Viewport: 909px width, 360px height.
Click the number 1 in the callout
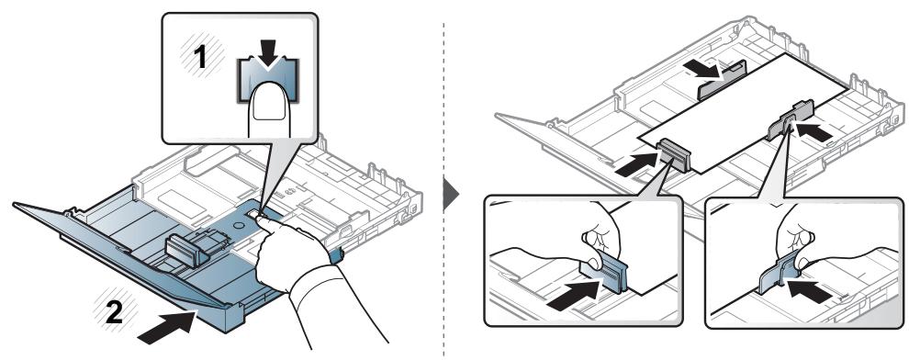(x=200, y=57)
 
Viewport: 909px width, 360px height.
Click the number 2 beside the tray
(x=113, y=314)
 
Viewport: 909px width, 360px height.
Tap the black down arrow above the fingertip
(x=267, y=59)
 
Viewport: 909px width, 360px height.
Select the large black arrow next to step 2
(x=167, y=328)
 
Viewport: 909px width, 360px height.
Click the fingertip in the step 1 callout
(x=269, y=109)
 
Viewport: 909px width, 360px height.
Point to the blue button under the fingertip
(x=268, y=80)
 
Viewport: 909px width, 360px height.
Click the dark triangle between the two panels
(x=451, y=194)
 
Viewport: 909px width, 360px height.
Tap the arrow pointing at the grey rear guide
(x=702, y=71)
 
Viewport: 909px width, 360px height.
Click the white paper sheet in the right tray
(x=742, y=113)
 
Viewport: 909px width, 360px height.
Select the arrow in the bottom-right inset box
(x=808, y=289)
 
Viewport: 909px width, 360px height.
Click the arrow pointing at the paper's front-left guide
(x=636, y=164)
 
